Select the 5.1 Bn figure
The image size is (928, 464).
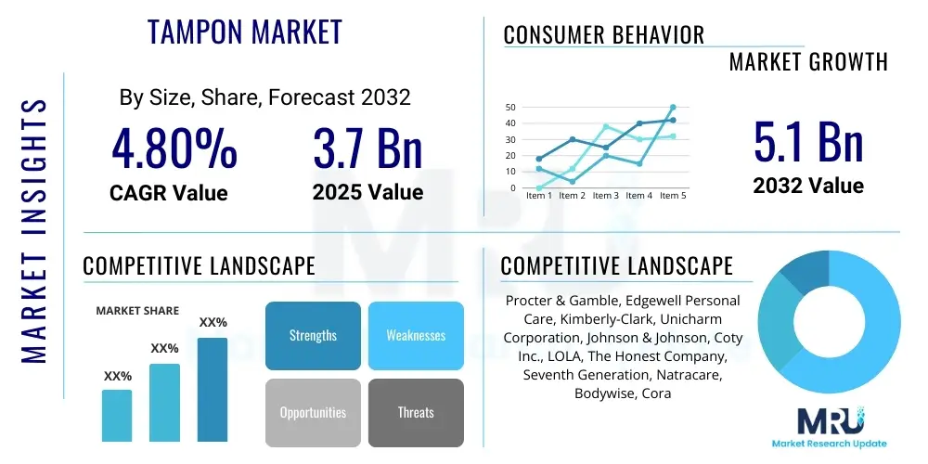[808, 142]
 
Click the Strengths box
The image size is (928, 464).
[313, 335]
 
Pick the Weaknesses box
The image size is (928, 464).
[416, 335]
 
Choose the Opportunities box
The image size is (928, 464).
[313, 412]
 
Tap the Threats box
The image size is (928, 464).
[416, 412]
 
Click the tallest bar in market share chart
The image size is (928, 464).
[213, 389]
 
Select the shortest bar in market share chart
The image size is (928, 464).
[117, 415]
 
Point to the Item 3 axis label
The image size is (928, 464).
[605, 196]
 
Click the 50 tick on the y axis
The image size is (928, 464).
[509, 107]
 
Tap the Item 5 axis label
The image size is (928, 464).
[672, 196]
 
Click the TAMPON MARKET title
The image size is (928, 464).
[245, 32]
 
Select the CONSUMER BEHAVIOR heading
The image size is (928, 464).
[604, 35]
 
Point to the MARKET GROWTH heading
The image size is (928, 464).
[808, 62]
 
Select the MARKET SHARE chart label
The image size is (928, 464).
[138, 311]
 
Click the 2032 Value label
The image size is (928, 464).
[808, 186]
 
